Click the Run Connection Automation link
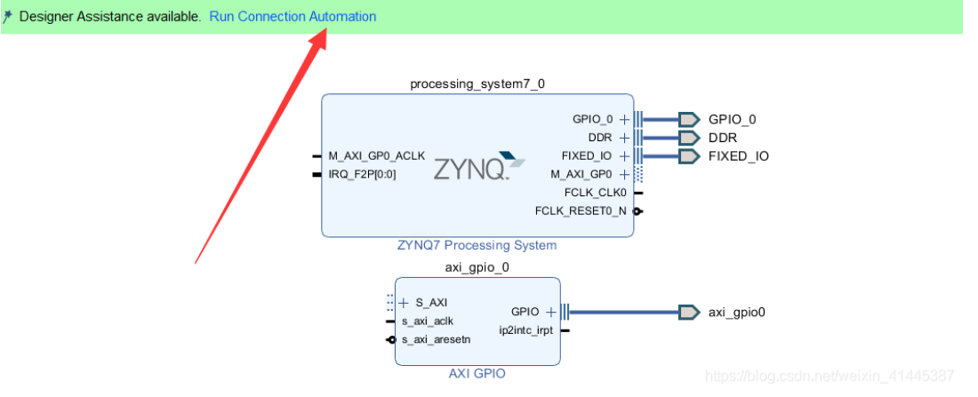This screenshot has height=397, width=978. pos(293,17)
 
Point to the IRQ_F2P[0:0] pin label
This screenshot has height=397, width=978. pos(362,174)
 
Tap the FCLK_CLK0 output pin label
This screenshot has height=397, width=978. pos(595,192)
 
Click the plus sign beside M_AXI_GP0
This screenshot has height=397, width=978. pos(624,174)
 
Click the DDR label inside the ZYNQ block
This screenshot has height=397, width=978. pos(600,138)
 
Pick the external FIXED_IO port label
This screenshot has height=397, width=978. pos(738,156)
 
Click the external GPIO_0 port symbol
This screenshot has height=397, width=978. pos(689,119)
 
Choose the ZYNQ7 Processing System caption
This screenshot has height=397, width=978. pos(477,245)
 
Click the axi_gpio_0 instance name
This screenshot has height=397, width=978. pos(477,267)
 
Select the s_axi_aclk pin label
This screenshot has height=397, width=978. pos(427,321)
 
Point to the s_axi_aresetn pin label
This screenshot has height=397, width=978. pos(436,339)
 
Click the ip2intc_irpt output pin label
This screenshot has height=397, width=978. pos(526,330)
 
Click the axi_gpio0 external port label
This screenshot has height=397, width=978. pos(736,312)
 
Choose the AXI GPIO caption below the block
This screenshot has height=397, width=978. pos(477,374)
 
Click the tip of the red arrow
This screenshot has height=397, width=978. pos(325,33)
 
